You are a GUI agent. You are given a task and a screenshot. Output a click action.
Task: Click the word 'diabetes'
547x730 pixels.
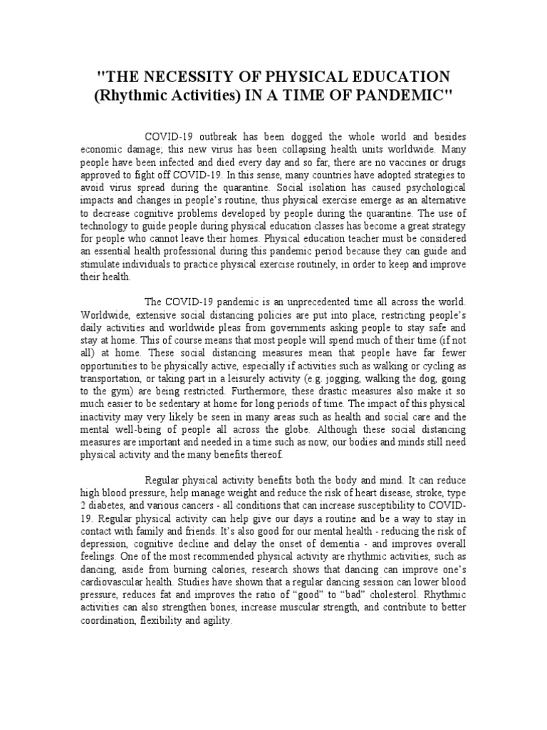(110, 507)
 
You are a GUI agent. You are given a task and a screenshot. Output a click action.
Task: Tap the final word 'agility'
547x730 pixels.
(217, 621)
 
